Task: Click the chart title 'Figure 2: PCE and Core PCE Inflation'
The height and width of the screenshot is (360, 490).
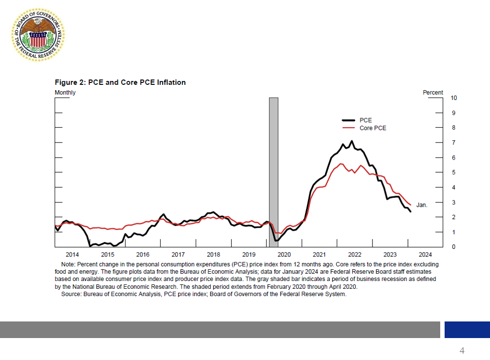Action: (x=120, y=82)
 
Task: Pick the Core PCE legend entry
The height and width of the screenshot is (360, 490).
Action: (x=372, y=128)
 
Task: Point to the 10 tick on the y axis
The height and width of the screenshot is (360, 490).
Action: (x=454, y=98)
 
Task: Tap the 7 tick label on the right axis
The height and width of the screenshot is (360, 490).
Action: (x=453, y=143)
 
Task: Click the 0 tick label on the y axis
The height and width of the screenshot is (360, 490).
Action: (x=453, y=247)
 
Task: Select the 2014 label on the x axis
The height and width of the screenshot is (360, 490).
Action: (x=72, y=255)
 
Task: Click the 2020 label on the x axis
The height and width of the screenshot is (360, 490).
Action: (x=284, y=255)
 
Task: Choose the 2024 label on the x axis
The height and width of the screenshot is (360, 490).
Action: (x=425, y=255)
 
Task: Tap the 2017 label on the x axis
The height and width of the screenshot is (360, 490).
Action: (x=178, y=255)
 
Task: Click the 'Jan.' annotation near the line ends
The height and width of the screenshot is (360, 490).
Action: (x=422, y=205)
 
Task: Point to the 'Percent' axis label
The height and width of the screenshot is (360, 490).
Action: (x=433, y=93)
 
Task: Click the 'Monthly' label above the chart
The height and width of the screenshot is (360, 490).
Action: (x=65, y=93)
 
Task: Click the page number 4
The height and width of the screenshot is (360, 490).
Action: (x=462, y=350)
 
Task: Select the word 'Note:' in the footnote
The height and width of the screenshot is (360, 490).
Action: (x=68, y=264)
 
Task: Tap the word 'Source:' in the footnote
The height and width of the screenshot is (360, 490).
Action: (x=71, y=294)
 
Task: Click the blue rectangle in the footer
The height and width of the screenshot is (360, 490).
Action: (x=467, y=329)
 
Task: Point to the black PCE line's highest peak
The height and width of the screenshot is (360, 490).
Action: (x=352, y=141)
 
